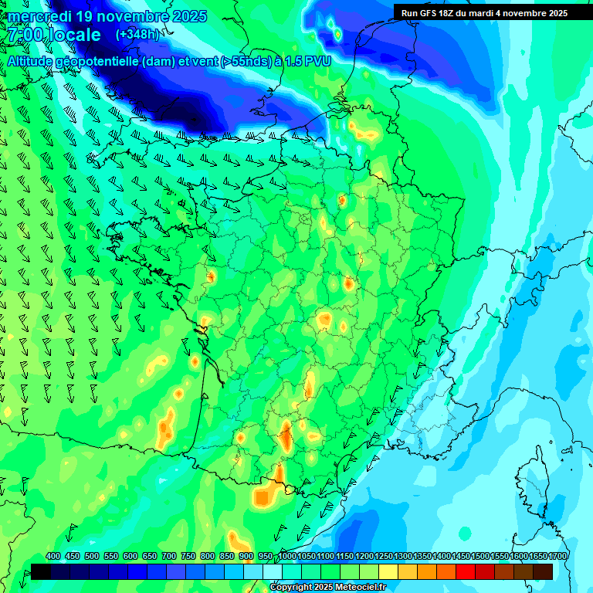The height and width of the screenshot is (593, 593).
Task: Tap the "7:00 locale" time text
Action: click(54, 36)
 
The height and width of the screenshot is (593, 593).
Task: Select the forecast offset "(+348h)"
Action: click(138, 35)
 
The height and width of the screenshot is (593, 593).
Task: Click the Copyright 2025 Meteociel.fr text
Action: click(328, 588)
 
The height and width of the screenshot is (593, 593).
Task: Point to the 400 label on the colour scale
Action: click(53, 557)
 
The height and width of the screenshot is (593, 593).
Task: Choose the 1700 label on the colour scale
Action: click(557, 557)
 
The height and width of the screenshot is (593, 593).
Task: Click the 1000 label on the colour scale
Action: click(286, 557)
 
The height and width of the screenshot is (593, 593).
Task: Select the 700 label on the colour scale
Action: click(169, 557)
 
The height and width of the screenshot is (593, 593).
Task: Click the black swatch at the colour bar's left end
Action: click(40, 571)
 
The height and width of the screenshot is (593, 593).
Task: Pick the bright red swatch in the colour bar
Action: click(466, 571)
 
